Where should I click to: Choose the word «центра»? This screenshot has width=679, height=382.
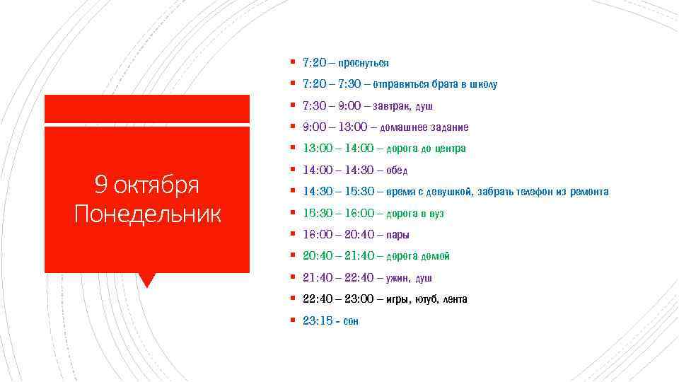click(451, 149)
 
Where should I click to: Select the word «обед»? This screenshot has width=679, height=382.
click(397, 170)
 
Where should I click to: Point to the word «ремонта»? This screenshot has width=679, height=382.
click(589, 192)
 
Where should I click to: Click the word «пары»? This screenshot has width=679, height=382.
click(398, 235)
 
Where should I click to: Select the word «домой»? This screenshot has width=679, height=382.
click(436, 256)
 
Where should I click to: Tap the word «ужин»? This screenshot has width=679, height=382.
click(399, 278)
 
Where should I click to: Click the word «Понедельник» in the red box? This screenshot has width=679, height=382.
click(147, 213)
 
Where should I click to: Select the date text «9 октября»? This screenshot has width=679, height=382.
click(147, 185)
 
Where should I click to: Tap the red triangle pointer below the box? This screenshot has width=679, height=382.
click(147, 279)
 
